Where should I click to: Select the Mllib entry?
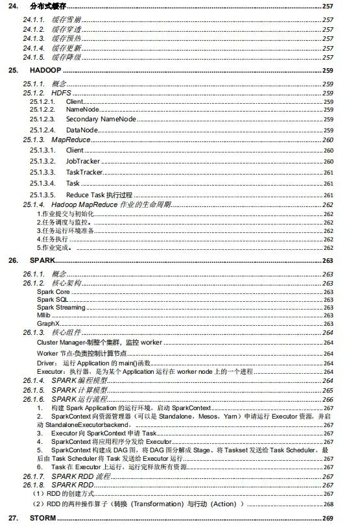(44, 315)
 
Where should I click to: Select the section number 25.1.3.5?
(43, 195)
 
